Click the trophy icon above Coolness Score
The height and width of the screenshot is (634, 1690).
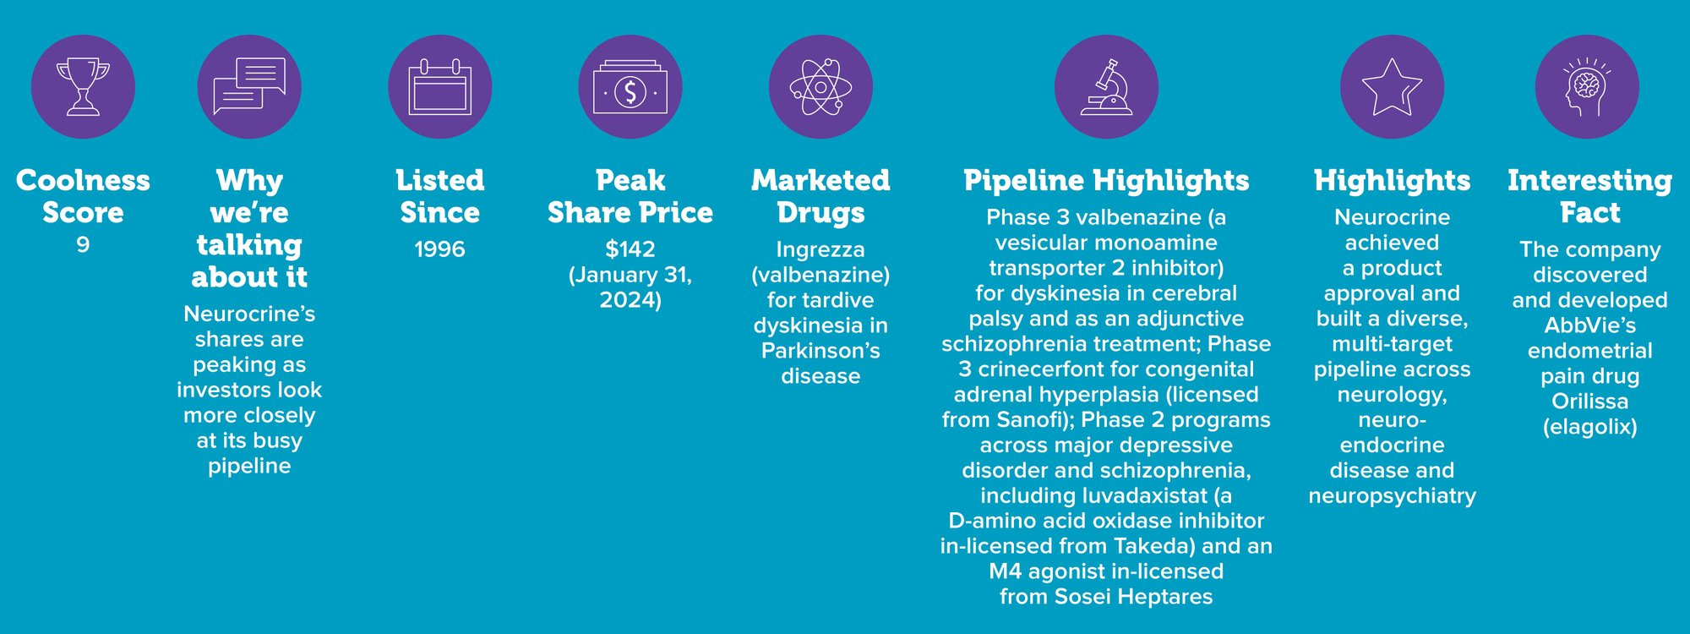(83, 87)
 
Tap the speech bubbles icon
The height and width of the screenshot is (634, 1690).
(249, 86)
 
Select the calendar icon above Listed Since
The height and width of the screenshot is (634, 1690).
(439, 87)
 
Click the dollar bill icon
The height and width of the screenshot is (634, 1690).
(630, 88)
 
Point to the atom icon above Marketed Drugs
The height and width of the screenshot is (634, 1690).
(820, 87)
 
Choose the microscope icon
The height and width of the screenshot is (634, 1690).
(1106, 87)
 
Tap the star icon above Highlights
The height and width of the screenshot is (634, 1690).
(1392, 87)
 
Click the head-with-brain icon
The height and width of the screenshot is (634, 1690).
(1587, 87)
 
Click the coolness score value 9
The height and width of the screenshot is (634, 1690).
(83, 245)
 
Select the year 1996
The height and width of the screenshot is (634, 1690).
(439, 249)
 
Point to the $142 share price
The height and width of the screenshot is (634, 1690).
(630, 249)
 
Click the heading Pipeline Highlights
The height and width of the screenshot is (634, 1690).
(1106, 181)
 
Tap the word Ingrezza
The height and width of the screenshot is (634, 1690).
(820, 250)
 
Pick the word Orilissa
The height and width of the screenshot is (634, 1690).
(1589, 401)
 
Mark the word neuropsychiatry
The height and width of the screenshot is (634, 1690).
(1392, 496)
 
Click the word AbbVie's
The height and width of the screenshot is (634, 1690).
(1589, 325)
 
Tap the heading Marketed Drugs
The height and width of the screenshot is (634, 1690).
(820, 197)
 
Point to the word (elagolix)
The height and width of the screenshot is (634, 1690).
(1589, 427)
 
